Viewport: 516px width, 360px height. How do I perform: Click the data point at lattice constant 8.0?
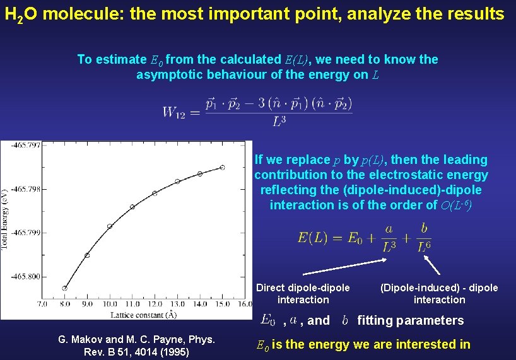click(x=65, y=288)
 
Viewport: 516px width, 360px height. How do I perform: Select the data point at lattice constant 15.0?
click(x=222, y=167)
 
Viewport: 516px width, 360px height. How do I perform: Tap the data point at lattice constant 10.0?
click(x=110, y=226)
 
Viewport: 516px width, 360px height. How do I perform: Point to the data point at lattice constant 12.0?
click(x=155, y=193)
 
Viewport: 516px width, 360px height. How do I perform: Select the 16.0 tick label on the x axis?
click(x=245, y=304)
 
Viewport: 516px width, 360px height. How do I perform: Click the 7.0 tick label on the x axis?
click(x=42, y=304)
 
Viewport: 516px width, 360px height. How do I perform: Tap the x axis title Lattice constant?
click(x=143, y=314)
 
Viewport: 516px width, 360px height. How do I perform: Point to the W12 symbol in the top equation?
click(x=177, y=113)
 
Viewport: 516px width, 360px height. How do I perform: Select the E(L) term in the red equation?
click(x=313, y=238)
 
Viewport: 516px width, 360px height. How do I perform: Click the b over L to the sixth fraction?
click(x=424, y=237)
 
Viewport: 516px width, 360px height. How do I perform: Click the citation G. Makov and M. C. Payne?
click(x=136, y=346)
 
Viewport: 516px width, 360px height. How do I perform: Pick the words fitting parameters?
click(x=411, y=320)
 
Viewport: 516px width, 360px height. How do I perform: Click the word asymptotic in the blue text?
click(x=168, y=75)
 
